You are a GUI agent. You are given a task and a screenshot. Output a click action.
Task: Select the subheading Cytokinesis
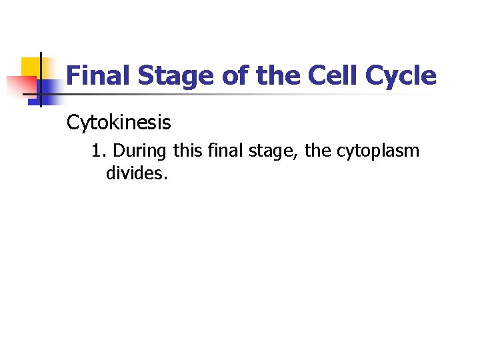click(119, 123)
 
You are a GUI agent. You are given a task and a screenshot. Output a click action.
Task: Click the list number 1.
click(99, 151)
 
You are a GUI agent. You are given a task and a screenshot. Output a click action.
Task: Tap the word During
click(141, 151)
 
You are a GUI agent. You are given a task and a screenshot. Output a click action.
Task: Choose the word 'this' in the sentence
click(188, 151)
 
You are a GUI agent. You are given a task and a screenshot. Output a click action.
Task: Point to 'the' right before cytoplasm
click(318, 151)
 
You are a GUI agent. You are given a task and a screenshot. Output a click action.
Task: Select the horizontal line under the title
click(253, 94)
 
